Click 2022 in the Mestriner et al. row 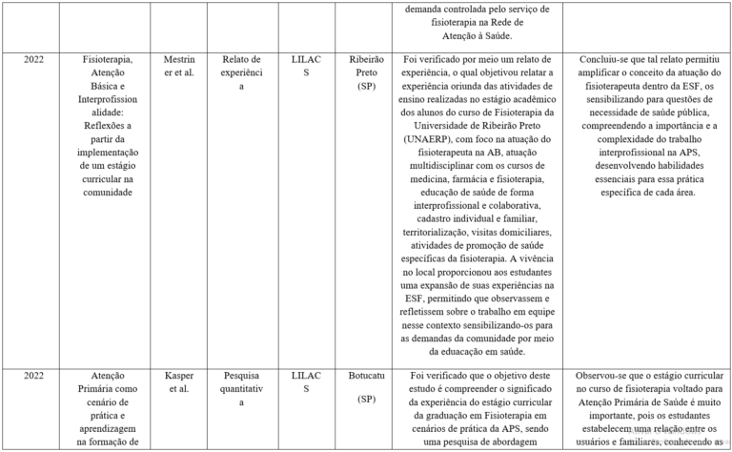pos(33,59)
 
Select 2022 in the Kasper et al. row pos(33,376)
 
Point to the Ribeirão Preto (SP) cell pos(367,72)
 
